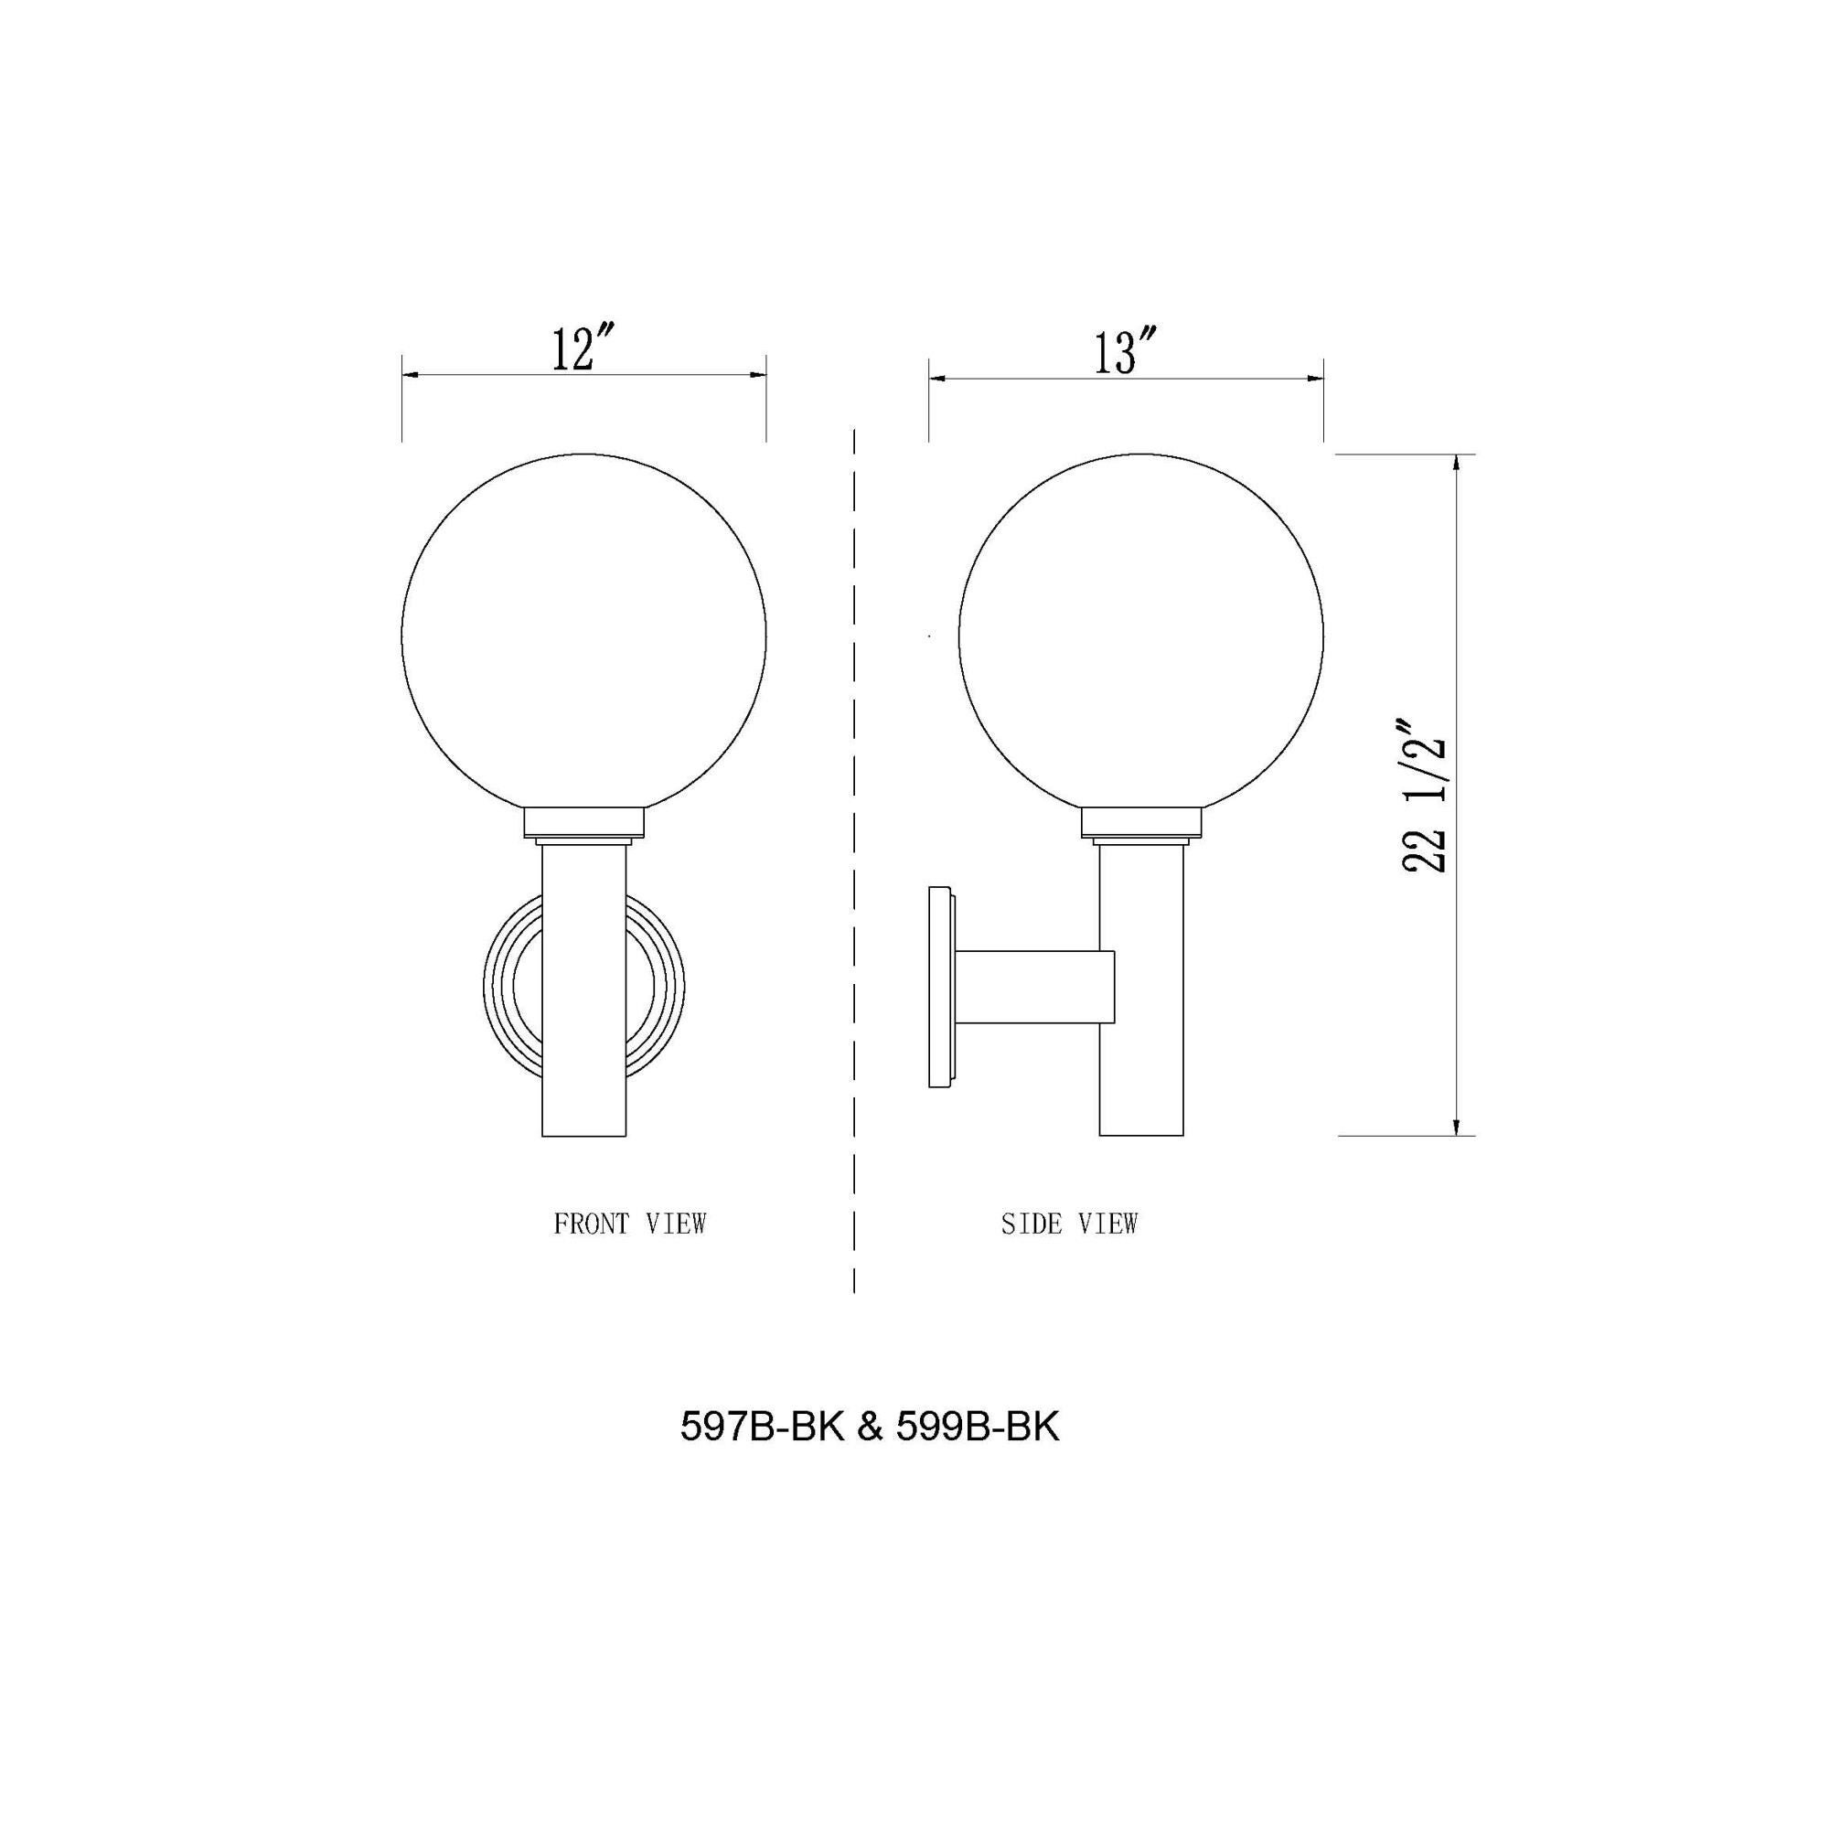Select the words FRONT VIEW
click(629, 1225)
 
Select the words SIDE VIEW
click(1069, 1225)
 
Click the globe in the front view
click(583, 636)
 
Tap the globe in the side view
click(1140, 636)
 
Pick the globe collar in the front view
click(584, 823)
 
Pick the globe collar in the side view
click(1141, 823)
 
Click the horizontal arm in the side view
click(1037, 987)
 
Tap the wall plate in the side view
click(940, 987)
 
